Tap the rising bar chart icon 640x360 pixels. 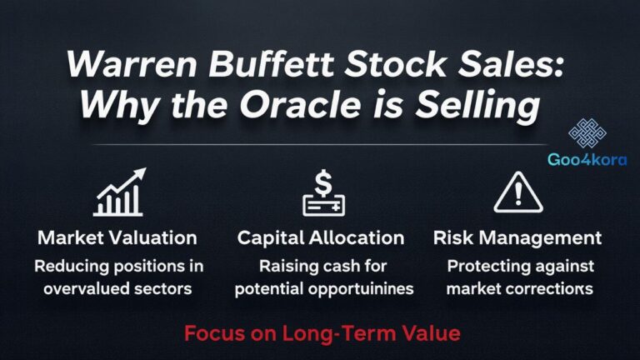coord(118,193)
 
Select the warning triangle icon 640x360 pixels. coord(517,193)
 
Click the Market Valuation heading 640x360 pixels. coord(117,237)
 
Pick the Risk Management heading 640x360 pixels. coord(517,237)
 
